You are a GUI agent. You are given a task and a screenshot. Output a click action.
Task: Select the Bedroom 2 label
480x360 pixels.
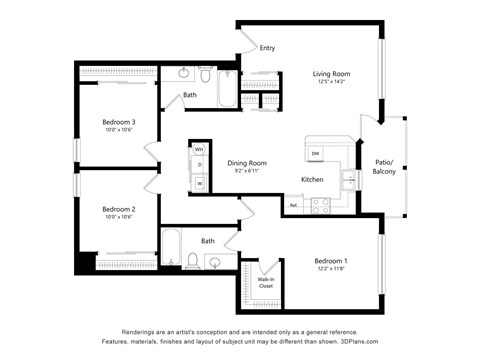119,209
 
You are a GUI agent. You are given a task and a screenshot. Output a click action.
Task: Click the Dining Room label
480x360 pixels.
246,163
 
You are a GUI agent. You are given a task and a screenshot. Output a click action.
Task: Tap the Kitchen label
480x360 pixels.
312,179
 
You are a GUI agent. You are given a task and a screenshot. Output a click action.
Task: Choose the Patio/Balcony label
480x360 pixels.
384,166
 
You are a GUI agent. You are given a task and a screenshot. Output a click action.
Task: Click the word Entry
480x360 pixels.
267,48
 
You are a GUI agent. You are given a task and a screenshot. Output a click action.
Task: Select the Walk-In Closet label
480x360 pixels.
266,283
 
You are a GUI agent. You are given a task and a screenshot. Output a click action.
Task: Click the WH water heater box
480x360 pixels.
199,149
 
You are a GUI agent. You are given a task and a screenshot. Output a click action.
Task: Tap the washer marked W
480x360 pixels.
199,184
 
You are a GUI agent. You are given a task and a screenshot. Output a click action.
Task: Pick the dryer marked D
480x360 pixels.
199,164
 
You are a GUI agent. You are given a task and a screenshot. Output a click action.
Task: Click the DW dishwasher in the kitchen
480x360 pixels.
315,153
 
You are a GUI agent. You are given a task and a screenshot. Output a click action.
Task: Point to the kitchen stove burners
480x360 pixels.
321,205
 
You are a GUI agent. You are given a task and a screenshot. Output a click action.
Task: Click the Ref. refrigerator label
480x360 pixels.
294,205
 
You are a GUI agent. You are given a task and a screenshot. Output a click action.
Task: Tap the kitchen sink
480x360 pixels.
348,179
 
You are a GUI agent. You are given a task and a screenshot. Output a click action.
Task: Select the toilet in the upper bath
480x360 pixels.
203,76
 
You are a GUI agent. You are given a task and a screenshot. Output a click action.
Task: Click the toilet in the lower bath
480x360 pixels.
192,262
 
